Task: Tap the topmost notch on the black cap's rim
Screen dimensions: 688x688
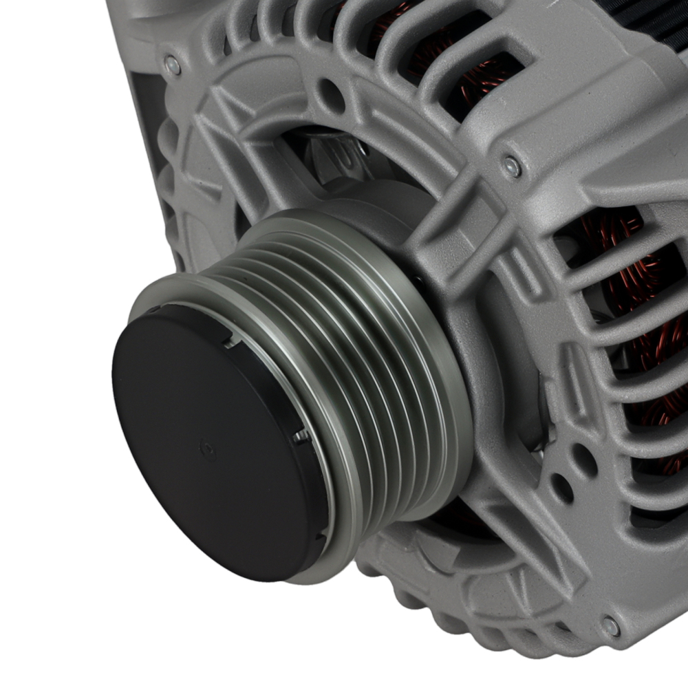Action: [x=226, y=336]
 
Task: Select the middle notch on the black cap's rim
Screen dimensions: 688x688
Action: [x=301, y=435]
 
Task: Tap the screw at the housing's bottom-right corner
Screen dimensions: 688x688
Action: [x=610, y=625]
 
